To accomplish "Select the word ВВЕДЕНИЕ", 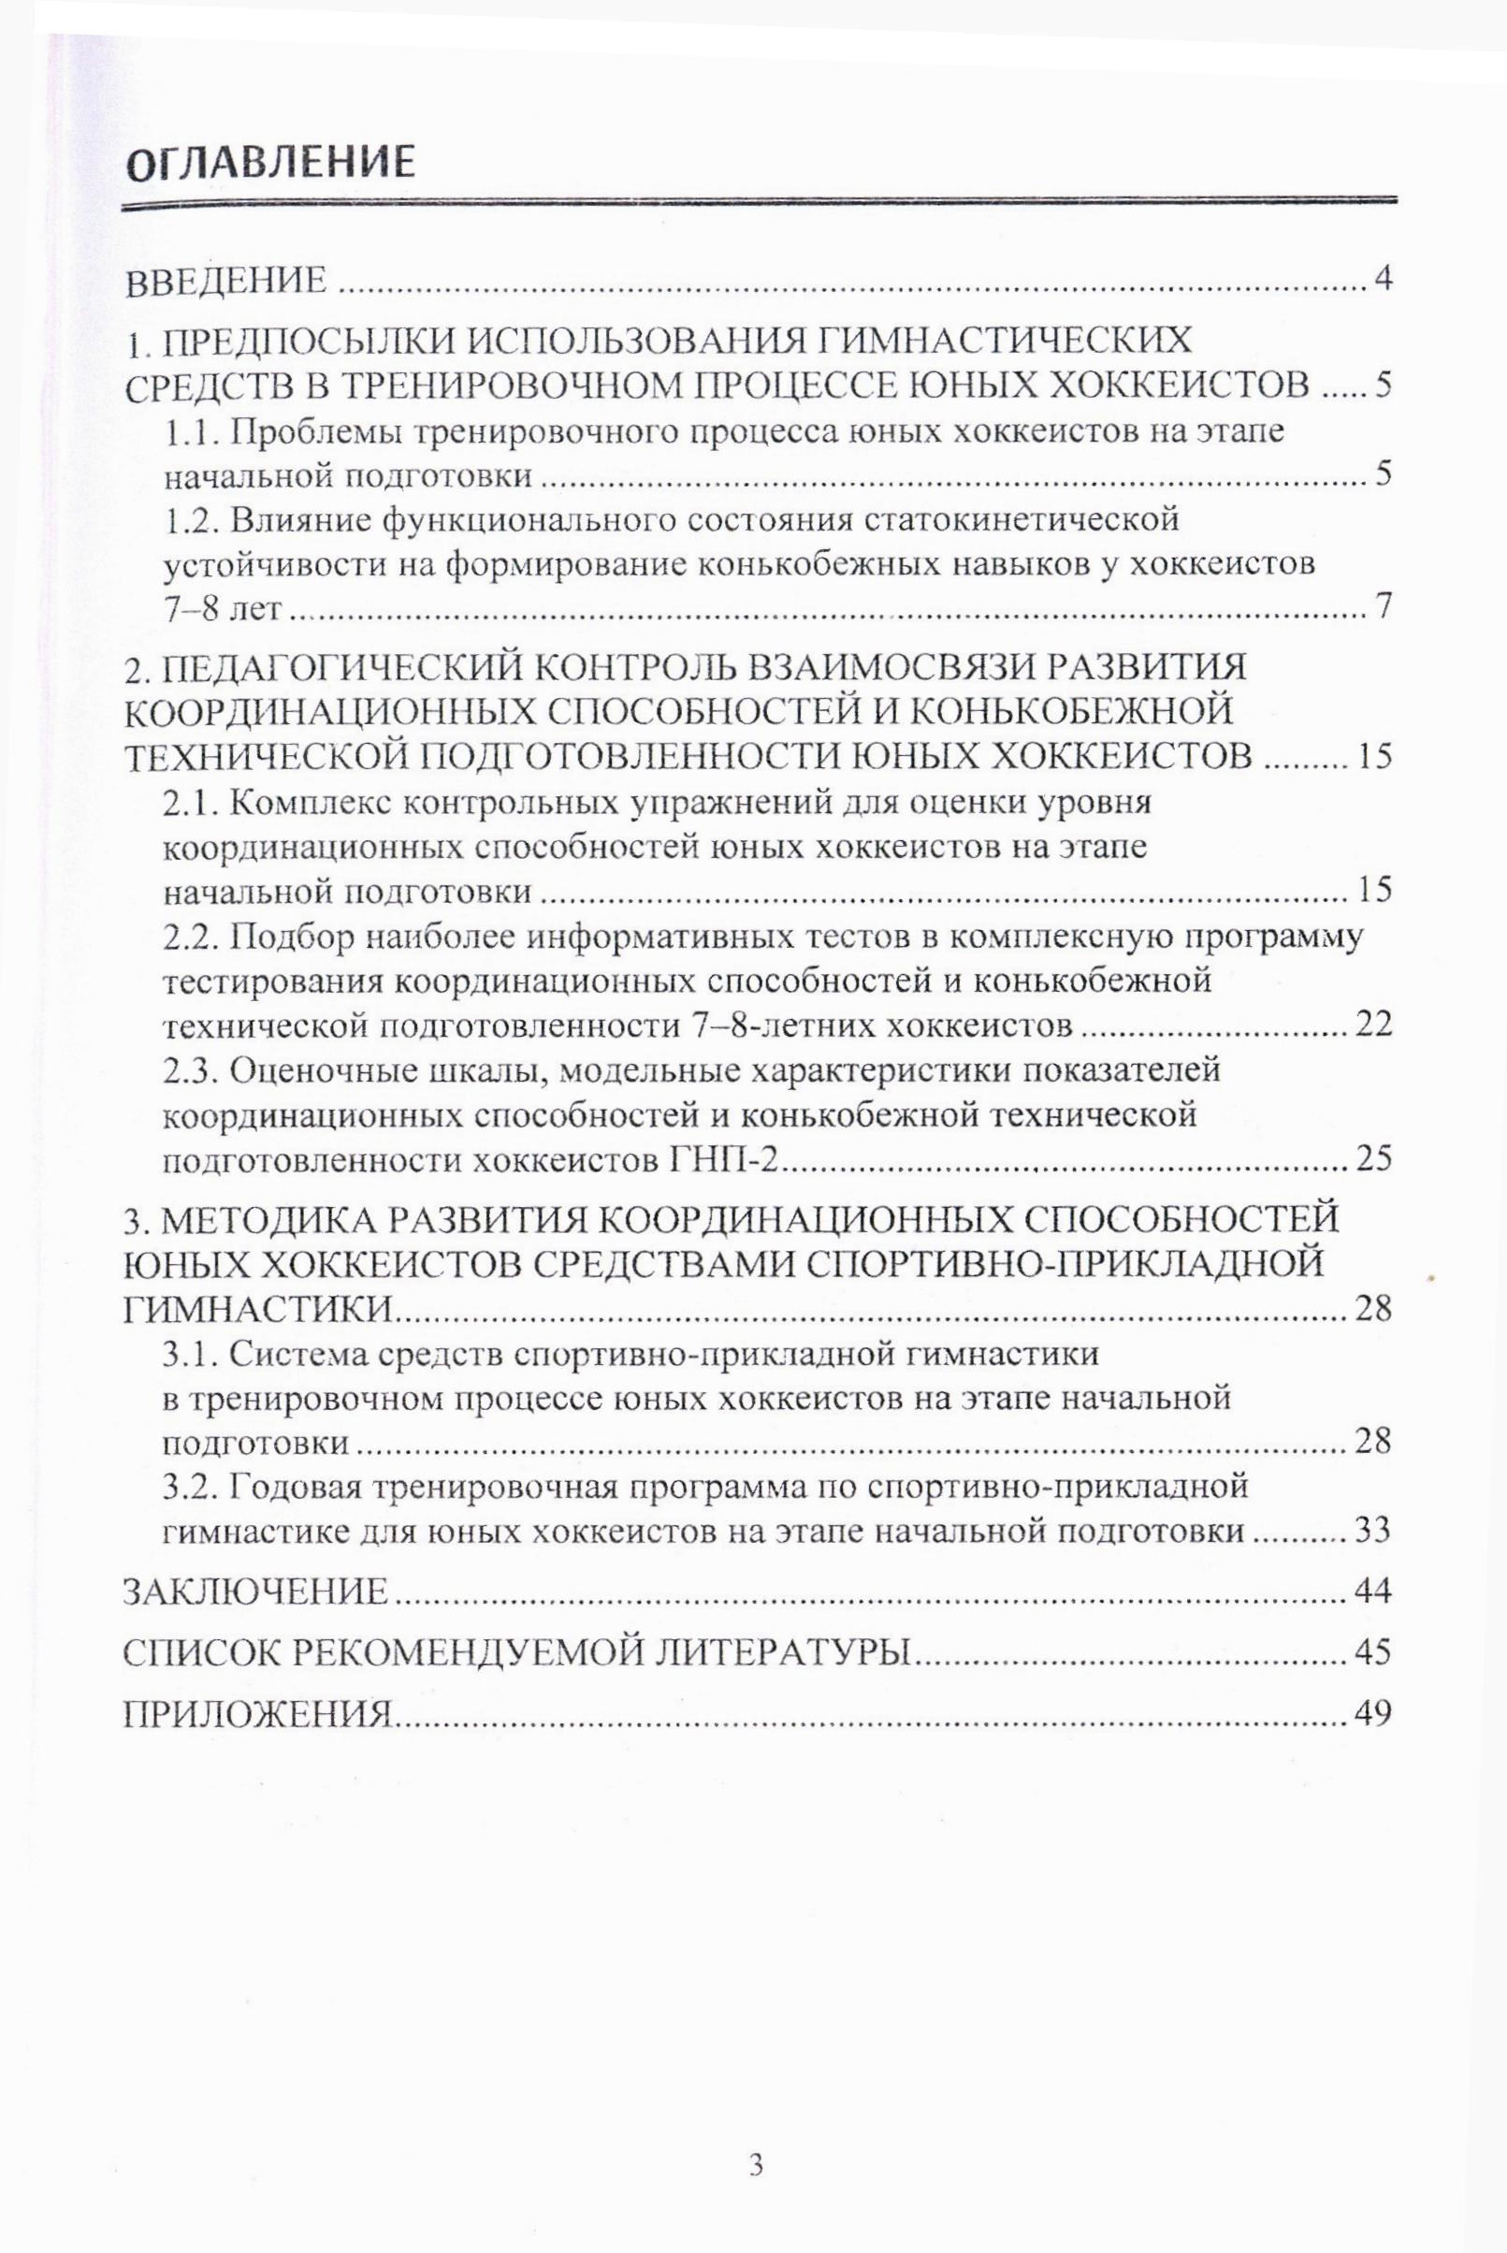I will [227, 282].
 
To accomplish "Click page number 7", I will [1384, 608].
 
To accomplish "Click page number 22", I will [1372, 1025].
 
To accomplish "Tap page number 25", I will [1372, 1159].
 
